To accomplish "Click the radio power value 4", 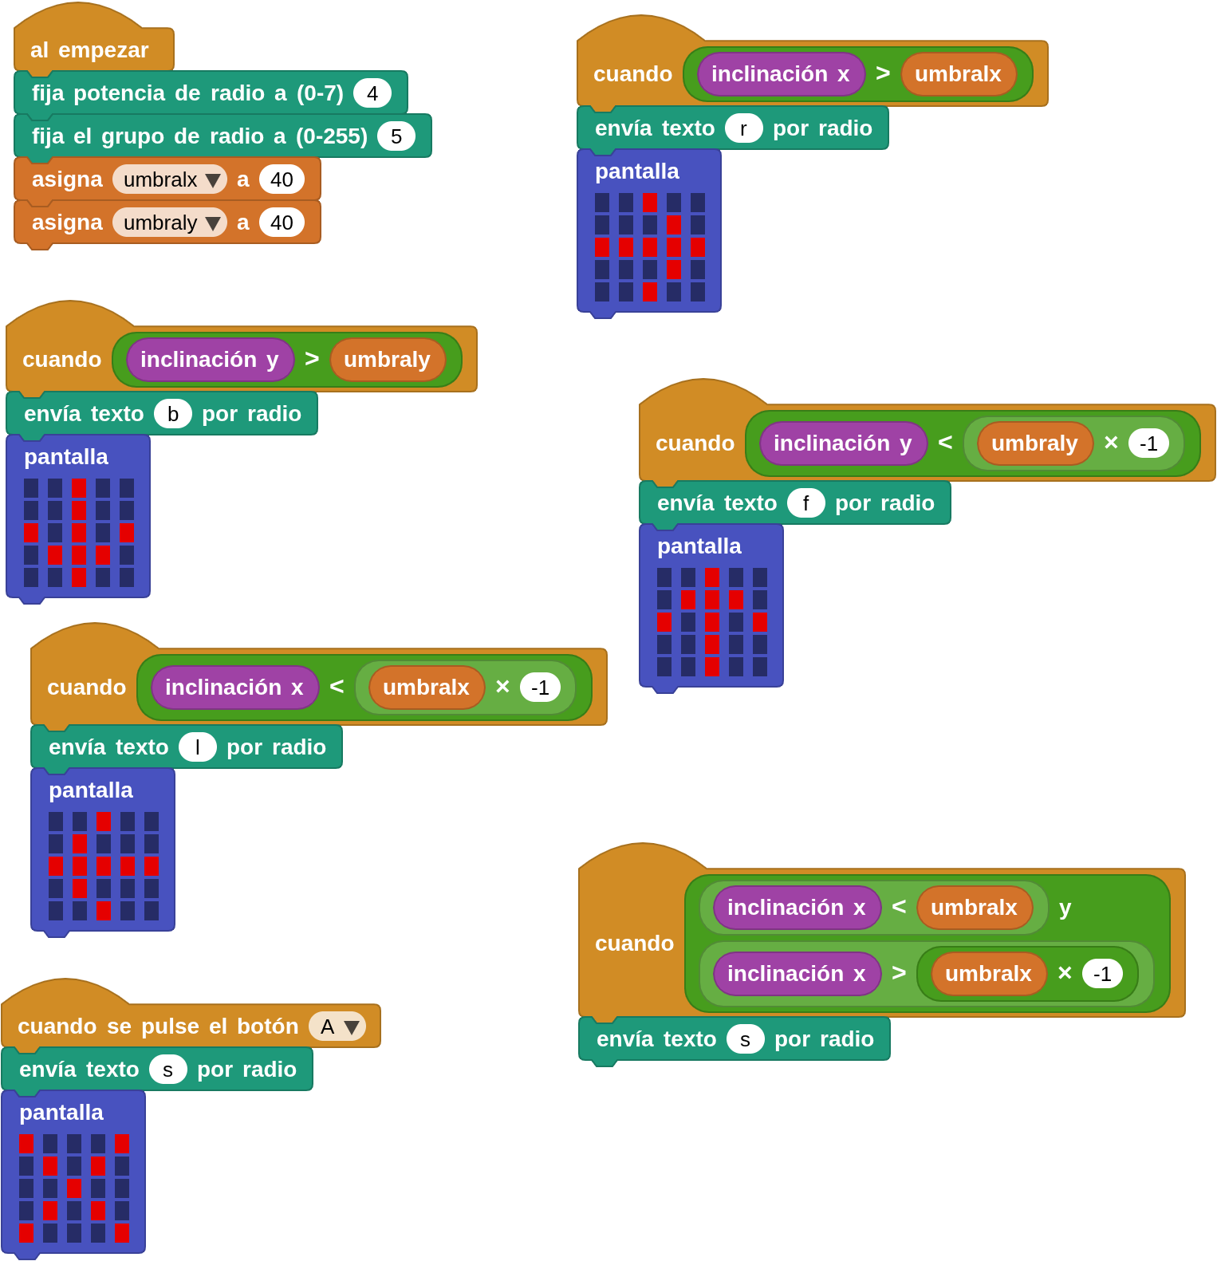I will point(372,93).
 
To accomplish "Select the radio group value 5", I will point(396,136).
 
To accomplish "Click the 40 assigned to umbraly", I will point(282,223).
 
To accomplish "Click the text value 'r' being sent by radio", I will point(743,128).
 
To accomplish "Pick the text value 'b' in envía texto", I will point(172,414).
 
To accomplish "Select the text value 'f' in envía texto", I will point(805,503).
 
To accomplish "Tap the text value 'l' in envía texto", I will point(197,747).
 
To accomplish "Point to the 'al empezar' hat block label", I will point(89,50).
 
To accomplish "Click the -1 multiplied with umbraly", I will point(1148,443).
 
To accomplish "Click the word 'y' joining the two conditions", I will point(1065,908).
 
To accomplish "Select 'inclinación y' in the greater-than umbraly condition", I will point(210,360).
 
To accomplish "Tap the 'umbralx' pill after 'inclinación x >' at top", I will point(958,74).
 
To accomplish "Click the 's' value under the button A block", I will point(167,1070).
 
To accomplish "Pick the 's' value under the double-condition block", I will point(745,1039).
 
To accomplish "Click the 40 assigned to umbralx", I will point(282,179).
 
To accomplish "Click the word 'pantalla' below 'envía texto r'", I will point(636,171).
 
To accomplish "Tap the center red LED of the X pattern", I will point(74,1188).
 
